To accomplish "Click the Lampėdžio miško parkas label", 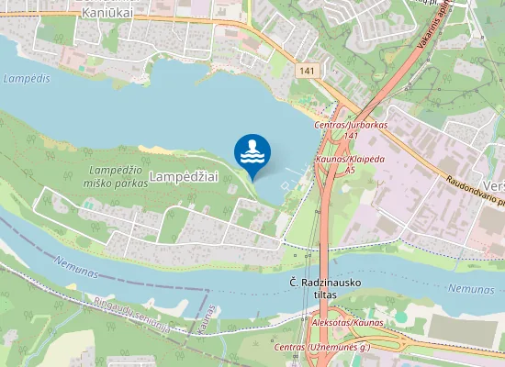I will coord(119,177).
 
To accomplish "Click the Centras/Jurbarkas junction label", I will coord(351,124).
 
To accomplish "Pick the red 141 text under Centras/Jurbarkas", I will coord(351,136).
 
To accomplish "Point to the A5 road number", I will coord(349,171).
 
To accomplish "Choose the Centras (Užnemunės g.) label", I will coord(321,350).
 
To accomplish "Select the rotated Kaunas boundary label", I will coord(213,320).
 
